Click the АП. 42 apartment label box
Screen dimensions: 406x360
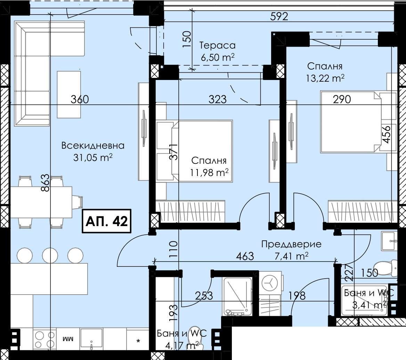click(107, 221)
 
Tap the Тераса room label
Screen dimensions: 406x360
click(217, 46)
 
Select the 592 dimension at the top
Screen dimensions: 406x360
click(279, 16)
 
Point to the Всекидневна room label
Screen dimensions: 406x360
click(93, 145)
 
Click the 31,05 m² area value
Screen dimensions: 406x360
click(93, 157)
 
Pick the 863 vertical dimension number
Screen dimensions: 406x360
click(45, 183)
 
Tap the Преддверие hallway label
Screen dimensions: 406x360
click(291, 244)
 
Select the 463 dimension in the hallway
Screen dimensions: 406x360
click(245, 256)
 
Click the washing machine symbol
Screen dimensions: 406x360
click(270, 283)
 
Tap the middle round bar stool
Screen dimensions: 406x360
click(50, 256)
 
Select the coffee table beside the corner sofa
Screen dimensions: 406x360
click(68, 95)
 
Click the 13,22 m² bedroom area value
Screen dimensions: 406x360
click(325, 78)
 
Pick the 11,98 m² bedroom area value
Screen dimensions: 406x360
click(209, 172)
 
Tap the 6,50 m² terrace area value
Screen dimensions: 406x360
click(218, 57)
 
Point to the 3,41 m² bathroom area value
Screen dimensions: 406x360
click(370, 305)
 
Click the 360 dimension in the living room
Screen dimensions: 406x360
click(80, 99)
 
